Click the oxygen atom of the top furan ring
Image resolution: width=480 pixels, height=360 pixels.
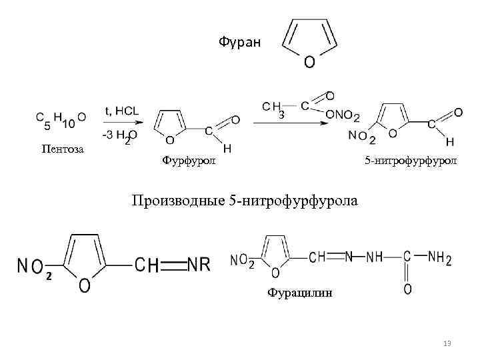pyautogui.click(x=310, y=63)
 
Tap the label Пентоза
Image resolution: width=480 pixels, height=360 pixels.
pyautogui.click(x=63, y=149)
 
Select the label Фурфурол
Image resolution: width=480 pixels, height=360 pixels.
pyautogui.click(x=189, y=160)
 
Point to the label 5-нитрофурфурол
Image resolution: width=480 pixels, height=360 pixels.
pyautogui.click(x=410, y=161)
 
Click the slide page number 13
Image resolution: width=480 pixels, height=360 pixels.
pyautogui.click(x=447, y=343)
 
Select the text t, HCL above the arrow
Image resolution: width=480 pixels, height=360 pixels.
pyautogui.click(x=121, y=111)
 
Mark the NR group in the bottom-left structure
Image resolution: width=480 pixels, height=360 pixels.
pyautogui.click(x=199, y=265)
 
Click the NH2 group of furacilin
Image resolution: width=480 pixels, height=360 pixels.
pyautogui.click(x=440, y=257)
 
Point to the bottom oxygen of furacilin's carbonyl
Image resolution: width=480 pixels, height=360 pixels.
pyautogui.click(x=407, y=289)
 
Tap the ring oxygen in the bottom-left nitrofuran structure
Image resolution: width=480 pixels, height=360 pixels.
pyautogui.click(x=85, y=285)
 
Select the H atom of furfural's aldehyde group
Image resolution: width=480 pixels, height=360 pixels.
pyautogui.click(x=227, y=147)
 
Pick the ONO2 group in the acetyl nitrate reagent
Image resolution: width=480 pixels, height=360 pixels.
pyautogui.click(x=343, y=117)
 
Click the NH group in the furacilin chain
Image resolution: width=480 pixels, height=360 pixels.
pyautogui.click(x=375, y=256)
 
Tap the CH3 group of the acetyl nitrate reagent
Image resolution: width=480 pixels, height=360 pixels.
pyautogui.click(x=273, y=109)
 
